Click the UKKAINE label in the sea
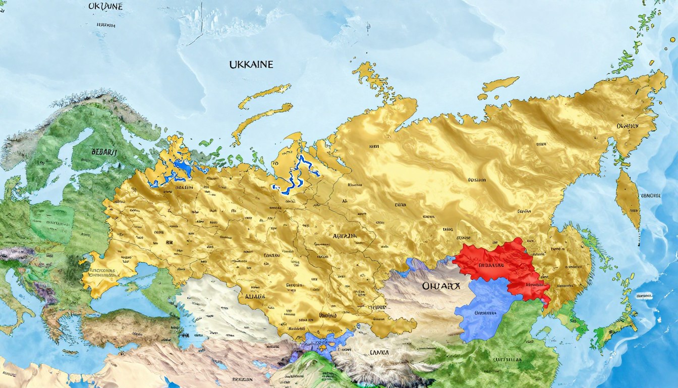pos(251,65)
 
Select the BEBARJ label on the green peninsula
pos(104,152)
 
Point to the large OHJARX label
pos(441,286)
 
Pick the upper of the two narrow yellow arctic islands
pos(264,96)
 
